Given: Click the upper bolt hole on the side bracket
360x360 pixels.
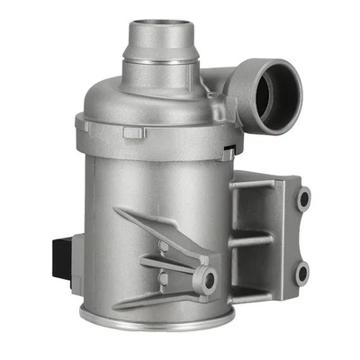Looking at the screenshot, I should tap(304, 197).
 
